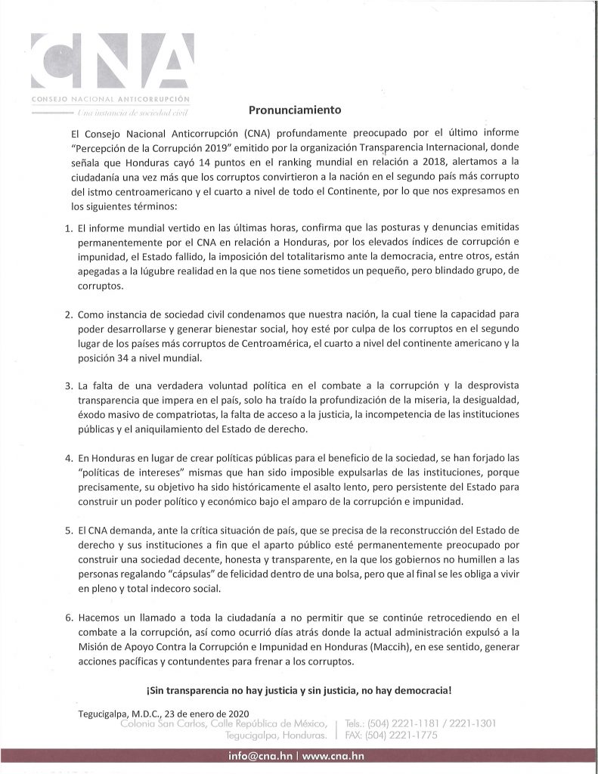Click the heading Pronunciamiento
pos(284,109)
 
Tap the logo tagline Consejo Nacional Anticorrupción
pos(109,100)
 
